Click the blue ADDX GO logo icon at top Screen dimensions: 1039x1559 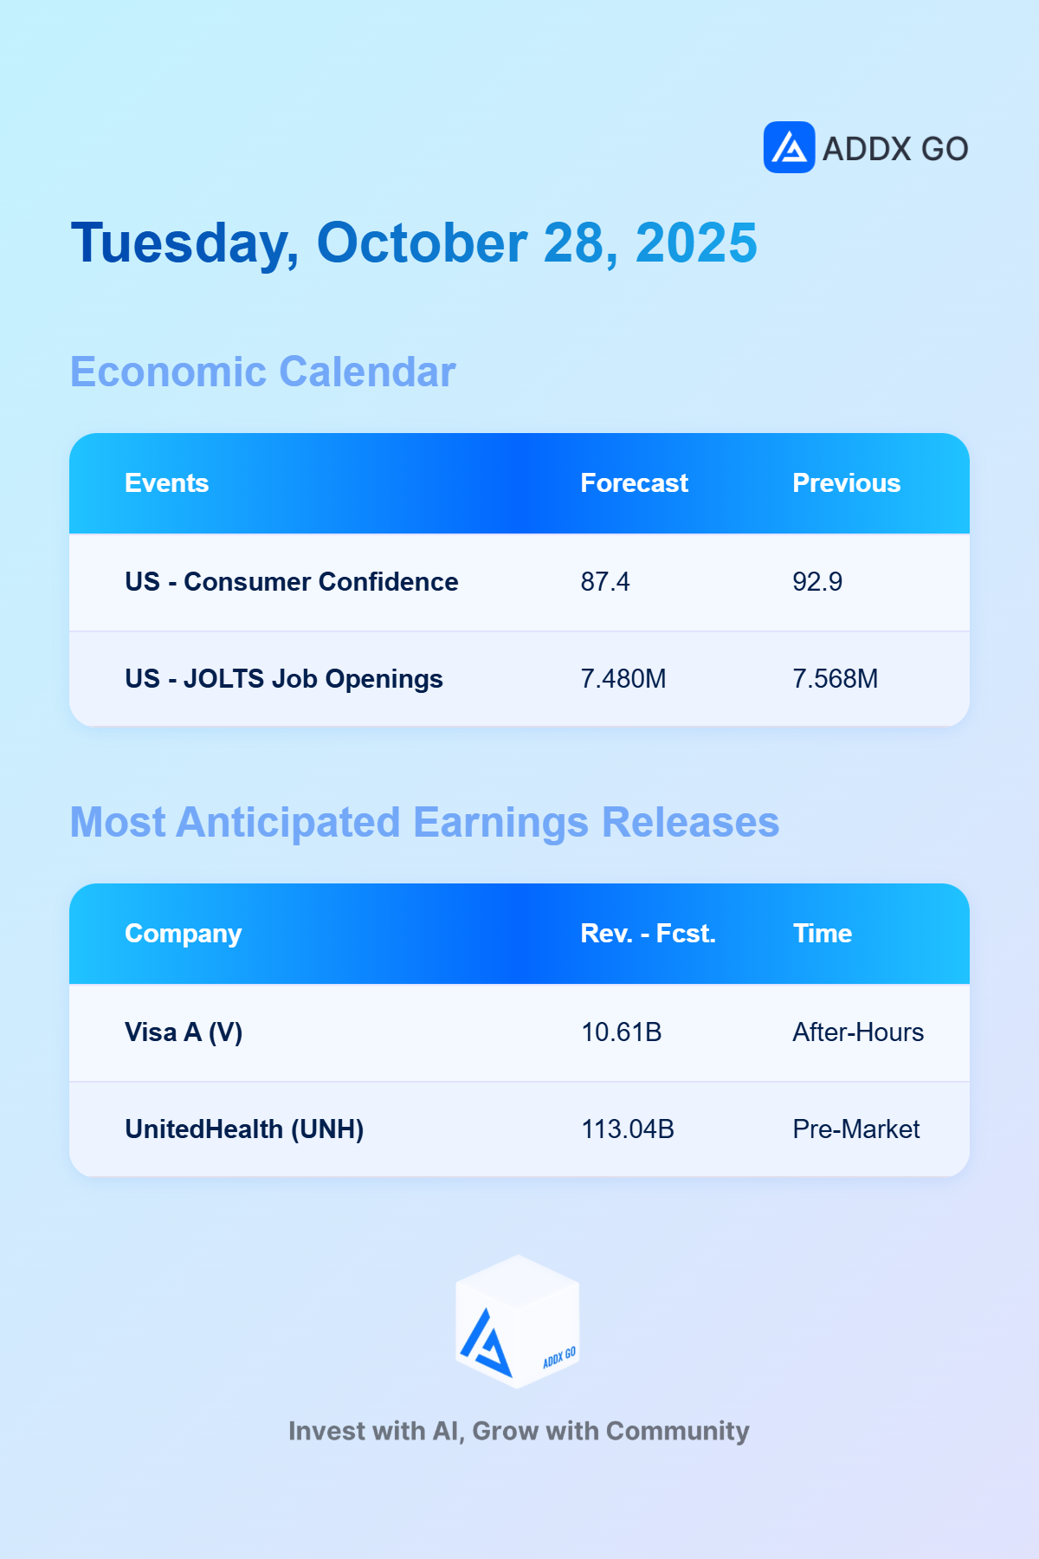[789, 147]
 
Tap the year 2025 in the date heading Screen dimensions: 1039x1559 [696, 243]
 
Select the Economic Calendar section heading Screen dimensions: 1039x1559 [262, 372]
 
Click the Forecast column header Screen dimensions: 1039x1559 [635, 483]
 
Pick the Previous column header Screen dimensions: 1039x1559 [847, 483]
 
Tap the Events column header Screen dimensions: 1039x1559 [167, 483]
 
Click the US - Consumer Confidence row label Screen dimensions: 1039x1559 [292, 582]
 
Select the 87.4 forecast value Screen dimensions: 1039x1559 [605, 582]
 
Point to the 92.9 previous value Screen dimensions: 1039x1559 [817, 582]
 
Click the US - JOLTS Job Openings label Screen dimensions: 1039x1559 [284, 679]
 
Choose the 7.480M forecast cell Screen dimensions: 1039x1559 [623, 679]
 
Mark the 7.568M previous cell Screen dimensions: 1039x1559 [836, 679]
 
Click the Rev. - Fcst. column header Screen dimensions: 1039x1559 [649, 934]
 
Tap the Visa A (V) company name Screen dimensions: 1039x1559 [184, 1032]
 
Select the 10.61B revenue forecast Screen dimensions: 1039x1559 [622, 1032]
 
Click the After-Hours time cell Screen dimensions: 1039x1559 [858, 1032]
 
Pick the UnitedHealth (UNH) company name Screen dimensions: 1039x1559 [244, 1129]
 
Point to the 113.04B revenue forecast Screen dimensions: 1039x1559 [628, 1129]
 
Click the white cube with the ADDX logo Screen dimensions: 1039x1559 [518, 1322]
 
